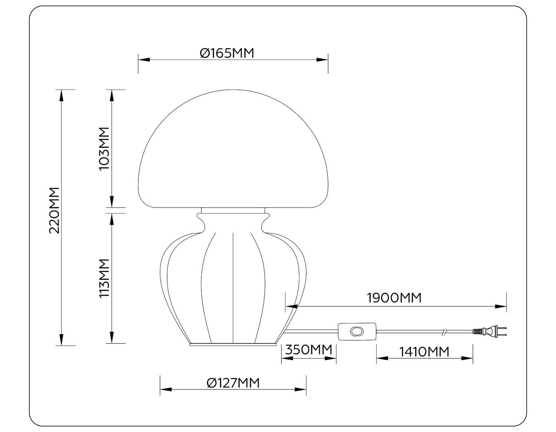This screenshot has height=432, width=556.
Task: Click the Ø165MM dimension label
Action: click(x=227, y=53)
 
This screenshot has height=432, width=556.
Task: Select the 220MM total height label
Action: click(x=54, y=210)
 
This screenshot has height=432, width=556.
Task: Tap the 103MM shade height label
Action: click(x=105, y=148)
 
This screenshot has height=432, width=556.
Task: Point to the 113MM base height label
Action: click(x=105, y=278)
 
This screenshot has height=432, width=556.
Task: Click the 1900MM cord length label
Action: click(x=394, y=298)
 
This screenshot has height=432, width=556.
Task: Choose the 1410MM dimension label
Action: click(x=424, y=351)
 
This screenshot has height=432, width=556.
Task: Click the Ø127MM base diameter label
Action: click(x=233, y=383)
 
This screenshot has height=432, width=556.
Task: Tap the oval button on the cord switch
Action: click(x=357, y=331)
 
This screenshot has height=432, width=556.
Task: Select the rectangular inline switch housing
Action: click(x=357, y=331)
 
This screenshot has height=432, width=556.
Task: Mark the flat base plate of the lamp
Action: click(x=233, y=345)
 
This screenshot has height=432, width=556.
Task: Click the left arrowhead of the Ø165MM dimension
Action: click(x=144, y=59)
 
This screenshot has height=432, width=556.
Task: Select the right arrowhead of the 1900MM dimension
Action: click(x=501, y=306)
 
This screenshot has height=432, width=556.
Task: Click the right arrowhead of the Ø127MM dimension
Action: click(x=301, y=389)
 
